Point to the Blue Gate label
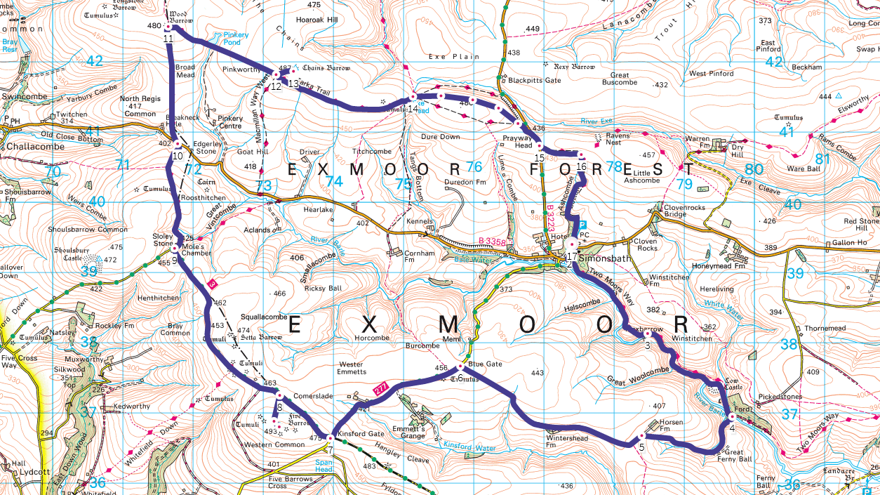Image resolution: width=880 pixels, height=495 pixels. (485, 364)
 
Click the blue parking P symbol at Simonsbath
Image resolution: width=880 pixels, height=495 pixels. (581, 223)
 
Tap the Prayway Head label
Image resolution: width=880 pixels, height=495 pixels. (517, 141)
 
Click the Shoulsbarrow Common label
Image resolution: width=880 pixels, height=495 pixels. (88, 229)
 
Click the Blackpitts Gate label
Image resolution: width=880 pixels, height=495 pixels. (534, 80)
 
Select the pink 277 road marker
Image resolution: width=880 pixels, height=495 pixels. (380, 388)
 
